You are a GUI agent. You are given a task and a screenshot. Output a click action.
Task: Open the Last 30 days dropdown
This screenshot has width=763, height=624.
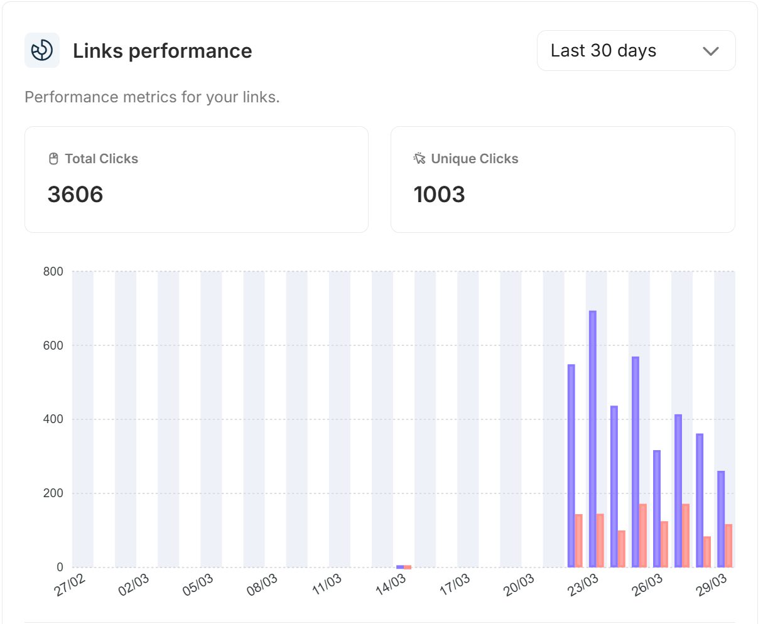pyautogui.click(x=636, y=51)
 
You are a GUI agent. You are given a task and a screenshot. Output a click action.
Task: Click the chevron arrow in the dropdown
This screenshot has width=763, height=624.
pyautogui.click(x=710, y=51)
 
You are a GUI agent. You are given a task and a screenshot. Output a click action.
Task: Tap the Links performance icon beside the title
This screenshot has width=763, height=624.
pyautogui.click(x=42, y=50)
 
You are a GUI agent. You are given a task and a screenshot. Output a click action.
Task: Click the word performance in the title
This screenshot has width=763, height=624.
pyautogui.click(x=190, y=51)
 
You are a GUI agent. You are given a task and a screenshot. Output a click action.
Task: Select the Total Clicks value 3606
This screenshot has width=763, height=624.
pyautogui.click(x=75, y=194)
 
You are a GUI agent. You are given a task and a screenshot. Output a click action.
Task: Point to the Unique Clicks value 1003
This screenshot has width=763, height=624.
pyautogui.click(x=439, y=194)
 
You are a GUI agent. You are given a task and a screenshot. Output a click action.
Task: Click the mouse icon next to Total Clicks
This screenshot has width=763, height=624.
pyautogui.click(x=53, y=159)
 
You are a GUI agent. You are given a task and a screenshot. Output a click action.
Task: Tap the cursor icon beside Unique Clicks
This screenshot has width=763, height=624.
pyautogui.click(x=419, y=158)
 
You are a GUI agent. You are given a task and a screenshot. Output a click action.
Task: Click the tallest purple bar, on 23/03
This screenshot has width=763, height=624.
pyautogui.click(x=593, y=439)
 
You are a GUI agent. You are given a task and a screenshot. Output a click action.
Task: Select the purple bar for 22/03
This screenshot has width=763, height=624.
pyautogui.click(x=571, y=466)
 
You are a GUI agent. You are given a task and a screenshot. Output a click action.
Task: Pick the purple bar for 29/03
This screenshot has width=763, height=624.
pyautogui.click(x=721, y=519)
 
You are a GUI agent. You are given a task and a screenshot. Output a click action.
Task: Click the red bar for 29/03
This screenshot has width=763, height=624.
pyautogui.click(x=728, y=546)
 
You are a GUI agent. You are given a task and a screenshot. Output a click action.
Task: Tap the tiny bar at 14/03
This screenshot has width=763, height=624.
pyautogui.click(x=404, y=567)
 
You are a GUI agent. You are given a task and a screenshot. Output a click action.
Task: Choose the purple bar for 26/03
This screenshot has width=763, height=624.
pyautogui.click(x=657, y=508)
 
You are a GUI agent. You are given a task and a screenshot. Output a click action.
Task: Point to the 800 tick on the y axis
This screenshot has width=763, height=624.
pyautogui.click(x=53, y=271)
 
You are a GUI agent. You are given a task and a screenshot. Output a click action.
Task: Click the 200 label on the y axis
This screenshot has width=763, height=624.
pyautogui.click(x=53, y=493)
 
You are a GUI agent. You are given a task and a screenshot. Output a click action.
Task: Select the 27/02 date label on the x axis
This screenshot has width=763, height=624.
pyautogui.click(x=69, y=584)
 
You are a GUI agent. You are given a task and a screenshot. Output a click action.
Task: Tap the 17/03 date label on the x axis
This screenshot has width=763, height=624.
pyautogui.click(x=455, y=584)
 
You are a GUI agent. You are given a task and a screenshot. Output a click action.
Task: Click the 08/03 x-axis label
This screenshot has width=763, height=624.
pyautogui.click(x=262, y=584)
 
